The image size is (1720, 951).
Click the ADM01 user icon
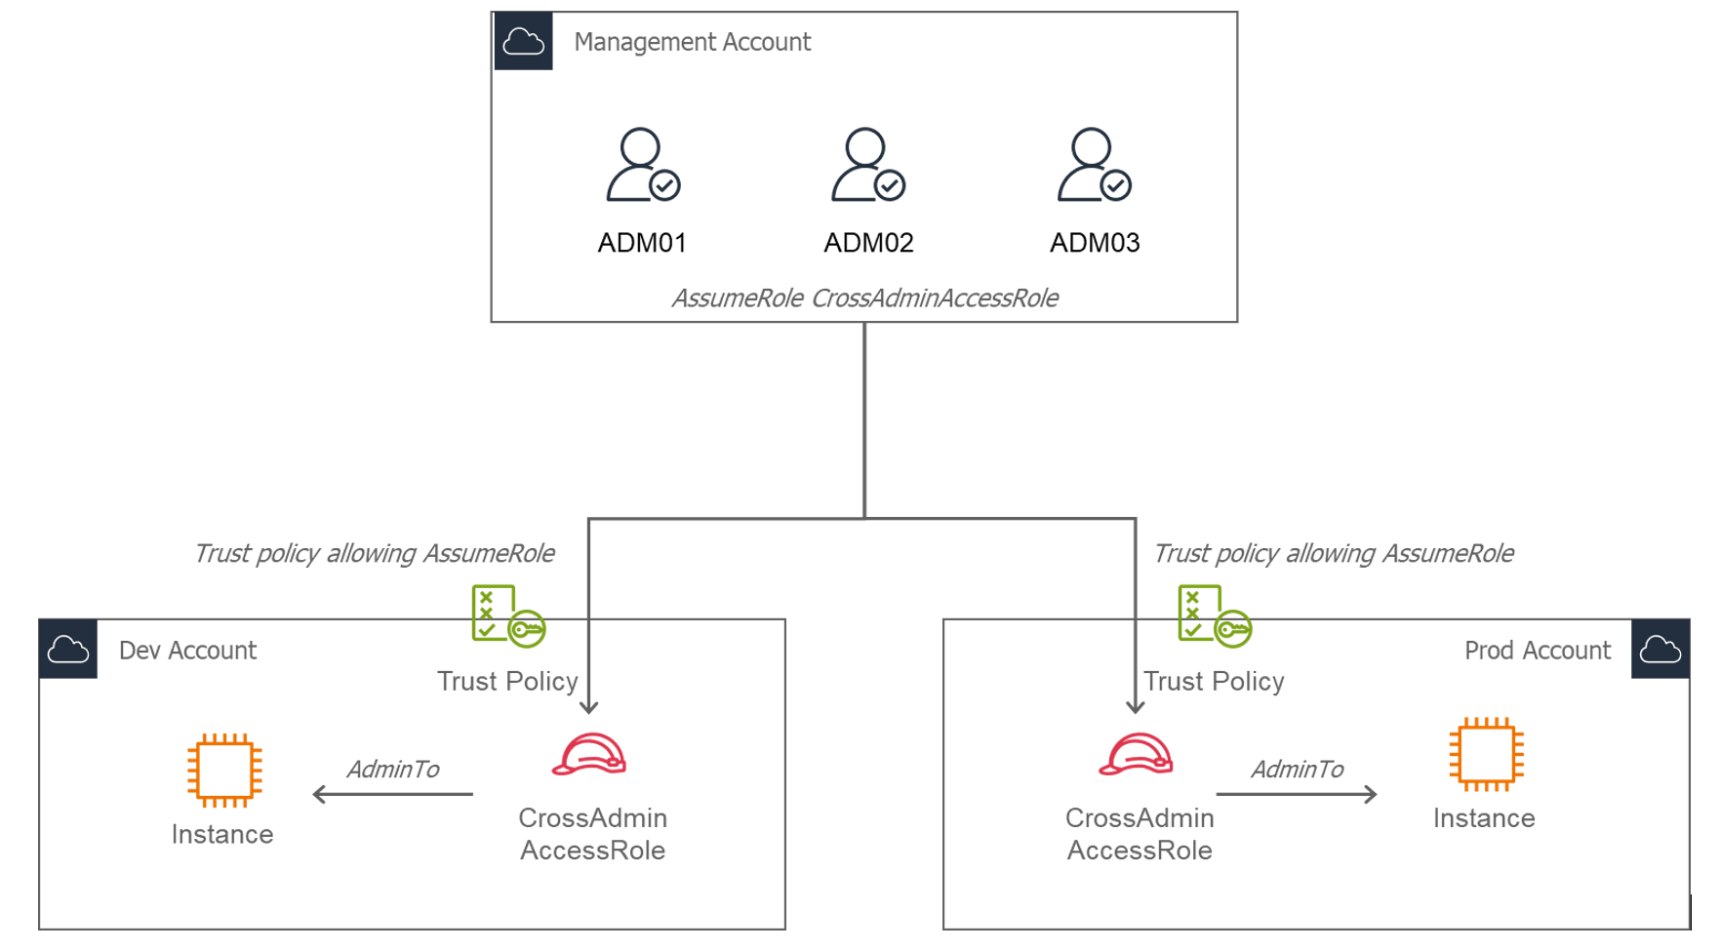tap(642, 165)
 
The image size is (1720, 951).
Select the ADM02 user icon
tap(867, 165)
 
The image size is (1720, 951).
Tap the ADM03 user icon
tap(1094, 165)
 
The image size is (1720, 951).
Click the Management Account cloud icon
tap(523, 42)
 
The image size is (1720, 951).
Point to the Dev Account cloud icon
tap(68, 649)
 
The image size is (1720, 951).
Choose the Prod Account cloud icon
tap(1660, 649)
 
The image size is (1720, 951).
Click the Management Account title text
tap(692, 42)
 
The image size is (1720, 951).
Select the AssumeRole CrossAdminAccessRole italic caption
tap(864, 297)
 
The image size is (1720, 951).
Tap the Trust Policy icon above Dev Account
tap(507, 615)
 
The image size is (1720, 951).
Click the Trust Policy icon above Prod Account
tap(1214, 615)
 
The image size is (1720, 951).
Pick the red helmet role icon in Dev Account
tap(589, 755)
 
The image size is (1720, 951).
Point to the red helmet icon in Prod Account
tap(1136, 755)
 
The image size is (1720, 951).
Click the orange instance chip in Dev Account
tap(224, 770)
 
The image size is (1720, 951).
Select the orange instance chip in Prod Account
tap(1486, 754)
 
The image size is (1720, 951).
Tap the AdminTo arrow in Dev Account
tap(392, 794)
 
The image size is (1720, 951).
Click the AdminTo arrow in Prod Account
tap(1297, 794)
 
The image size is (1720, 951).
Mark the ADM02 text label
tap(868, 243)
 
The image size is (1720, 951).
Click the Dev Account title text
tap(187, 651)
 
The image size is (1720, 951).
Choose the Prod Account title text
tap(1537, 651)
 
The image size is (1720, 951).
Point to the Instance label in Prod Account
tap(1483, 818)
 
